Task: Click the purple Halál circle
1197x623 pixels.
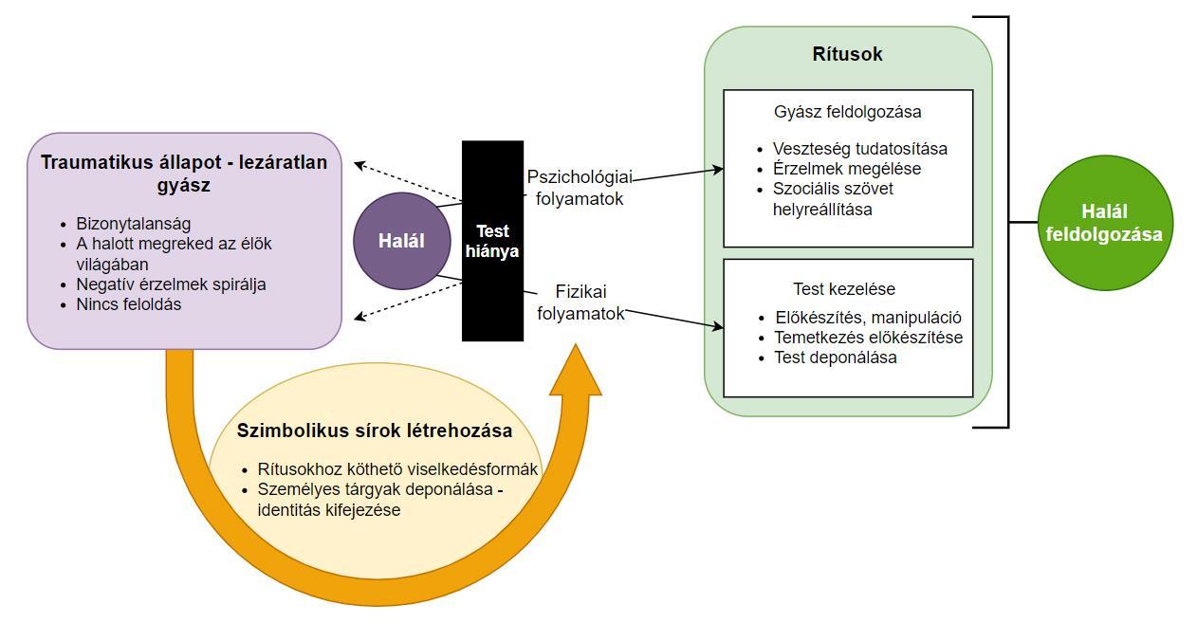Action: click(401, 241)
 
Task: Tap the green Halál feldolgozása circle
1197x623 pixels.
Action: click(1104, 223)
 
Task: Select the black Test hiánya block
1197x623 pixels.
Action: click(492, 241)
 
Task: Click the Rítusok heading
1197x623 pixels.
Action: click(847, 54)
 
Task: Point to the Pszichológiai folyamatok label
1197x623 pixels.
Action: click(580, 188)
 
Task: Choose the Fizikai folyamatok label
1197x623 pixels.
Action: click(580, 302)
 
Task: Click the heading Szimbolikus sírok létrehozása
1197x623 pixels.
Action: click(375, 431)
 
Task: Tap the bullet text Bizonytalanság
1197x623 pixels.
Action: click(134, 224)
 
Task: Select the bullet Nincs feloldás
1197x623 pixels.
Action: click(128, 304)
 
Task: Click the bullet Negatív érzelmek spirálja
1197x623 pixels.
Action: click(171, 284)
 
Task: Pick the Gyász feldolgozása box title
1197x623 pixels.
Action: click(847, 112)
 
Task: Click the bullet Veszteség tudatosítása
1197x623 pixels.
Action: click(859, 149)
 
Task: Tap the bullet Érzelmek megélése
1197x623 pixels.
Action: click(846, 169)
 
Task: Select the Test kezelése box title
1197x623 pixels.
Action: click(844, 289)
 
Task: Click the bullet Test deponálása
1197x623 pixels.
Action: click(835, 357)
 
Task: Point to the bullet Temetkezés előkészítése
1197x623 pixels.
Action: click(868, 338)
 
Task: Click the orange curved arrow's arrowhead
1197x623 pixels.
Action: click(576, 372)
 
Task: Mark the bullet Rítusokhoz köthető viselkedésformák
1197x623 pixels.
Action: click(397, 469)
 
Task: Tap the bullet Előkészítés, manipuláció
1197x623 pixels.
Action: click(868, 318)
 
